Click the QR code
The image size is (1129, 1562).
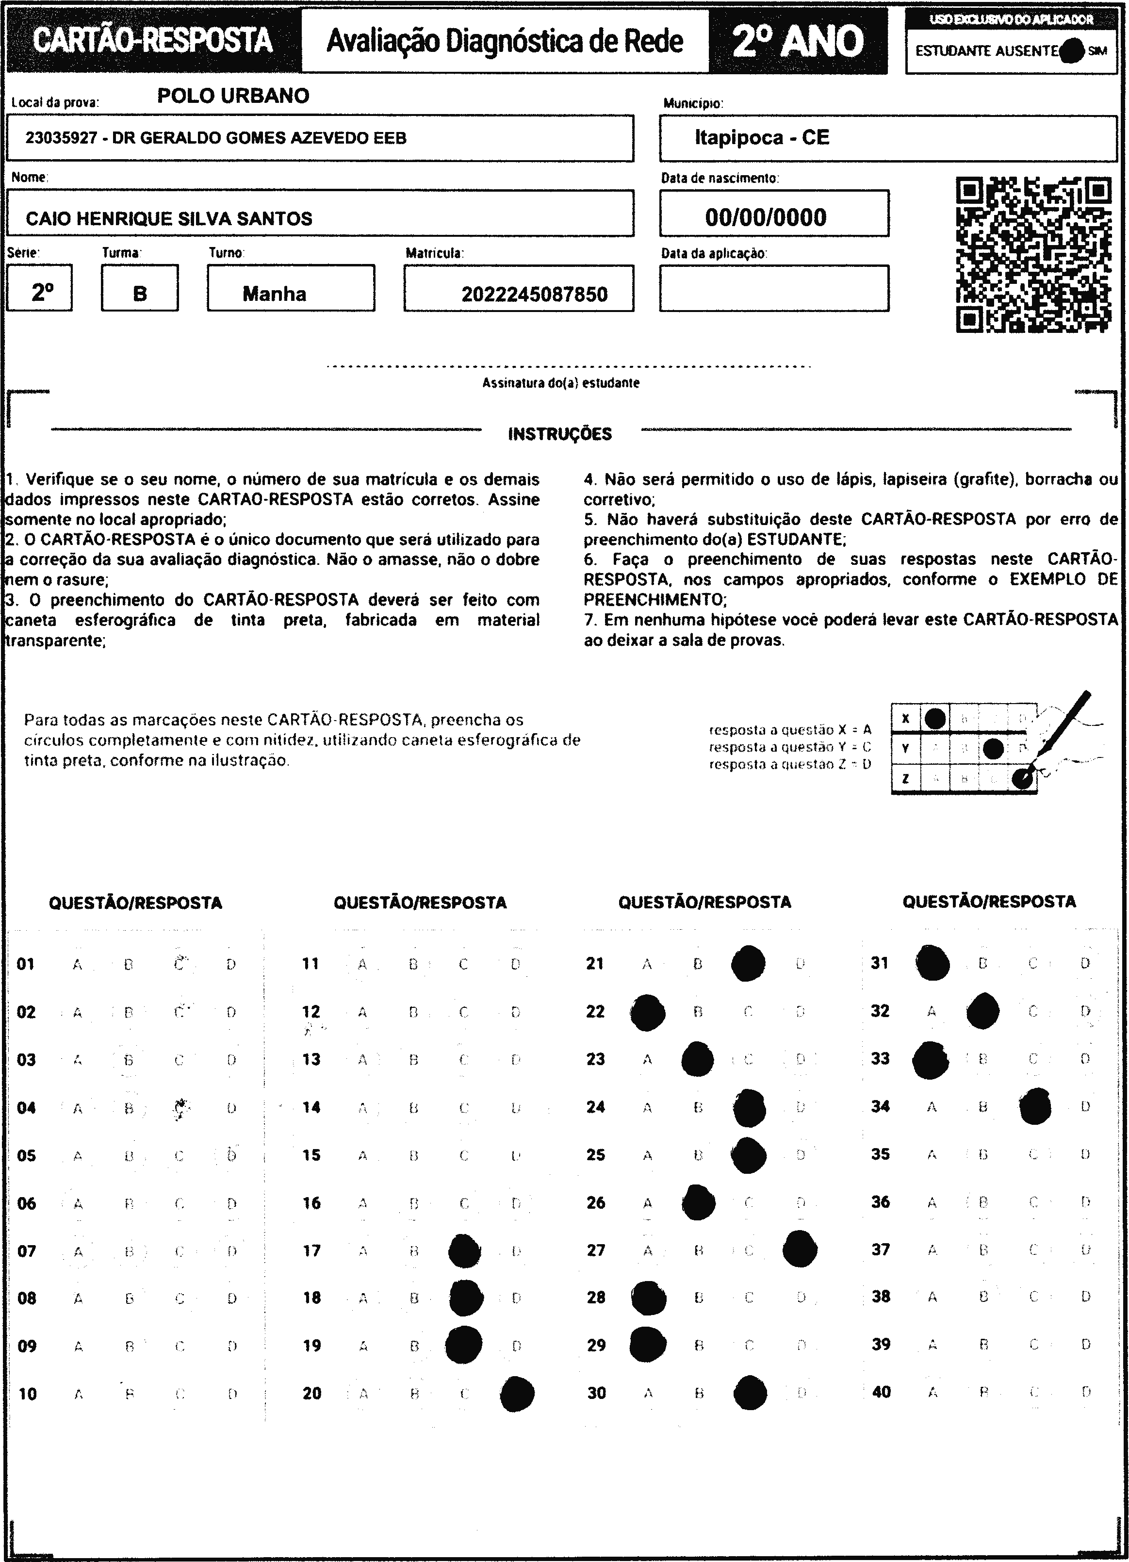point(1033,255)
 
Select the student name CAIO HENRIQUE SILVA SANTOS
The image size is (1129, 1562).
point(169,219)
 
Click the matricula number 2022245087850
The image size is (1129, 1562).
point(534,295)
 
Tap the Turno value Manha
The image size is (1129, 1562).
point(274,294)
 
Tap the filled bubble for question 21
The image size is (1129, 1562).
point(748,964)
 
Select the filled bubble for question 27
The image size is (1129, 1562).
point(800,1248)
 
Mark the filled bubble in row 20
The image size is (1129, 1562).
point(517,1394)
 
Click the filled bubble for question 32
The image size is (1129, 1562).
point(982,1011)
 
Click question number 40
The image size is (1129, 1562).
point(881,1392)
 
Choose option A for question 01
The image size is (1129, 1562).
point(77,965)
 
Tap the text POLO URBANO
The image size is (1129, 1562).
point(233,96)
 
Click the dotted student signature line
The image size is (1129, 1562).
point(569,367)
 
